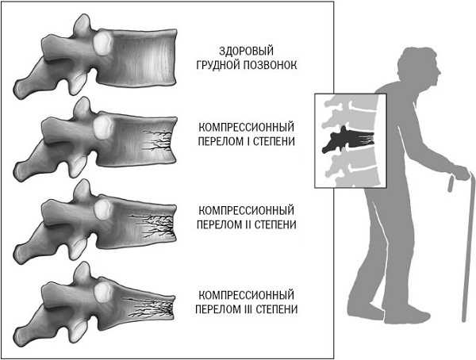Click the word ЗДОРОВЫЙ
click(x=246, y=51)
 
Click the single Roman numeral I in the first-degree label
click(x=248, y=141)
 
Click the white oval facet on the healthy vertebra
click(x=103, y=44)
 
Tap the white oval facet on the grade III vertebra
click(x=103, y=292)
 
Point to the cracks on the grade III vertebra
click(x=149, y=307)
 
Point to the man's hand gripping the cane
click(x=461, y=172)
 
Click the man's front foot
click(x=407, y=316)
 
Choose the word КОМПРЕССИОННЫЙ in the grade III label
click(x=246, y=295)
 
